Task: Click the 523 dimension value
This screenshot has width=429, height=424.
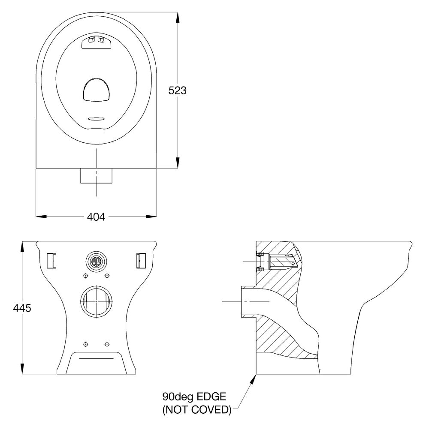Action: [x=178, y=90]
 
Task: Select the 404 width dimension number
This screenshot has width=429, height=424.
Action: [x=96, y=217]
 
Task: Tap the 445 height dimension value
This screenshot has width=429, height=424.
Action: [x=22, y=308]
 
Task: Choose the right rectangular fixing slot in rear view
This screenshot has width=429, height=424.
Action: [x=141, y=260]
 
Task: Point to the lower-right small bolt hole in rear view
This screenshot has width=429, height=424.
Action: [x=107, y=344]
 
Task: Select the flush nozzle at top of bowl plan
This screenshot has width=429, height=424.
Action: [x=96, y=42]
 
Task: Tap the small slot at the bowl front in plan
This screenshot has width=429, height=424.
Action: [x=96, y=119]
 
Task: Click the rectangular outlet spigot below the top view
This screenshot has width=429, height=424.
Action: [x=96, y=176]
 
